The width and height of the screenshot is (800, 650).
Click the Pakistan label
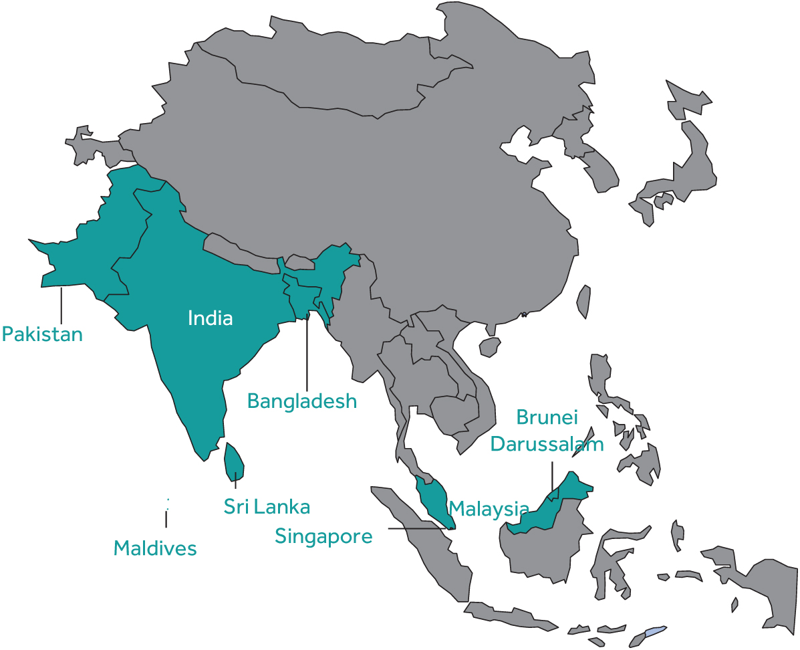click(x=42, y=334)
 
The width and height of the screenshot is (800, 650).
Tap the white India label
click(x=210, y=318)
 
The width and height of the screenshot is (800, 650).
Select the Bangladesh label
click(x=301, y=401)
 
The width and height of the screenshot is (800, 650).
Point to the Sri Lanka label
click(x=267, y=507)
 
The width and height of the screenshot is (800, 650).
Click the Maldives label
click(x=155, y=548)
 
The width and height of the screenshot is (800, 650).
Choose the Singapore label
click(x=323, y=536)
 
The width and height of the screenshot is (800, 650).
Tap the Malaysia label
click(x=489, y=509)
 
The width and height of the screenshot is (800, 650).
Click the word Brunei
click(x=546, y=417)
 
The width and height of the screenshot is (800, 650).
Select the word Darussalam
click(x=547, y=444)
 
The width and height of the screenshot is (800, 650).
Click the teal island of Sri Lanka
click(x=233, y=461)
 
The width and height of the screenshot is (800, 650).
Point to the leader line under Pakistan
click(x=61, y=306)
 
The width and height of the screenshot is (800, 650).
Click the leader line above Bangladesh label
click(x=307, y=354)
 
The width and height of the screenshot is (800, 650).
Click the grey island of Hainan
click(x=490, y=346)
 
